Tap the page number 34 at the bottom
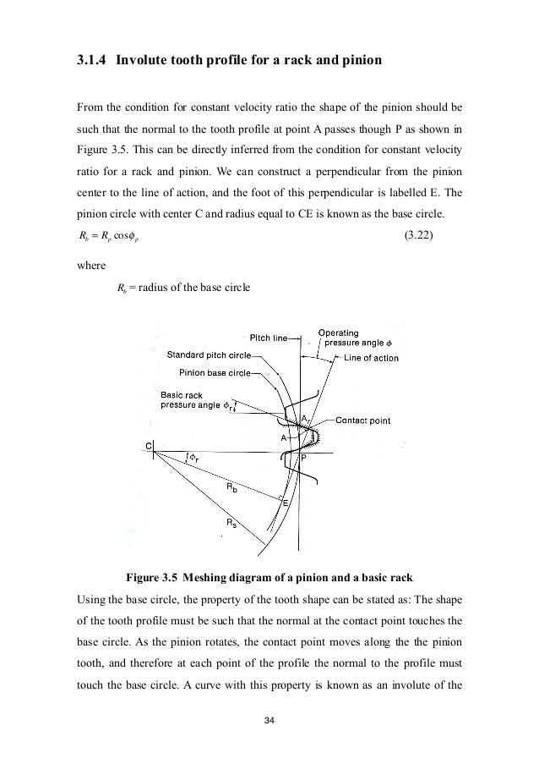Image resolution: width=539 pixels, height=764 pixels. click(269, 719)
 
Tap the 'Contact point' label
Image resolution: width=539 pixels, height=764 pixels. click(362, 419)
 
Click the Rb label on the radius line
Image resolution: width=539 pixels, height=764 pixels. click(230, 488)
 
